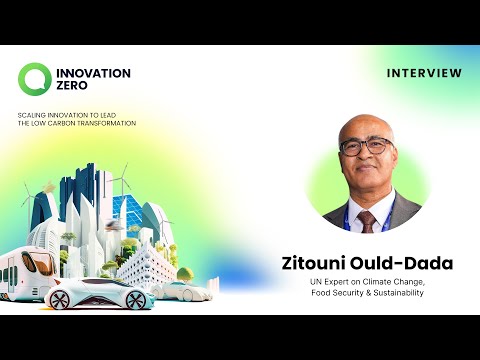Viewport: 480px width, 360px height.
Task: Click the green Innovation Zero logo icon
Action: [33, 78]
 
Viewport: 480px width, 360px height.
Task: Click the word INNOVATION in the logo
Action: [94, 73]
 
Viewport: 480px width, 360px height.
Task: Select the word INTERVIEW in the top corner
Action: [424, 73]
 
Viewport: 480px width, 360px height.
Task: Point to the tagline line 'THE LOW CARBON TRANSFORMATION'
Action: [77, 123]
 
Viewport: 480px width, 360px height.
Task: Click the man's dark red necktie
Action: [365, 219]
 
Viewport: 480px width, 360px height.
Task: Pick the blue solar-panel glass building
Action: [128, 211]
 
